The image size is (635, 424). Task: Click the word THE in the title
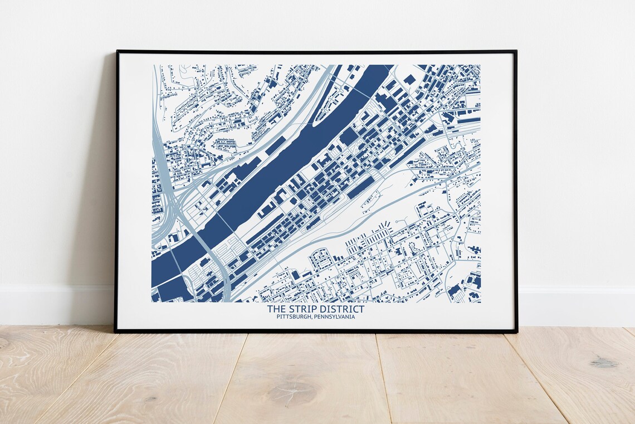[275, 309]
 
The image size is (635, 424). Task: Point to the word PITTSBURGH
[294, 317]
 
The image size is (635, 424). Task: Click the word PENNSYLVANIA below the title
[334, 317]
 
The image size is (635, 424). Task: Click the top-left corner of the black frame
[117, 51]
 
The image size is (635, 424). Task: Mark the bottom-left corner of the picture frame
[116, 332]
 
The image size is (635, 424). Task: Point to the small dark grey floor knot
[603, 363]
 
